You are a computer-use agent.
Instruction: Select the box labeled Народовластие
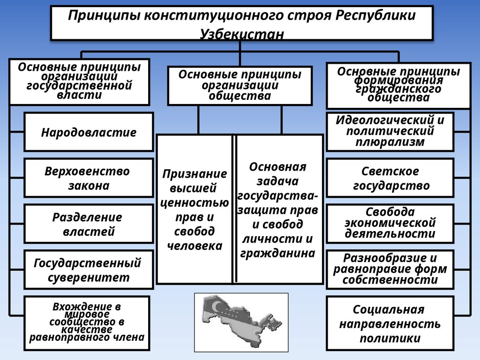click(x=89, y=132)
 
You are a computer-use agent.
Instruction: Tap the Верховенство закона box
click(x=89, y=178)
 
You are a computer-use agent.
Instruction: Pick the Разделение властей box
click(x=89, y=224)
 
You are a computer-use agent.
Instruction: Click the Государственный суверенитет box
click(x=89, y=270)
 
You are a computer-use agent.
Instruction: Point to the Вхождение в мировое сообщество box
click(x=87, y=323)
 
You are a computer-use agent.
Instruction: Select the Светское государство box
click(x=390, y=178)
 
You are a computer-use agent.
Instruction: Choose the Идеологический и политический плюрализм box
click(x=390, y=131)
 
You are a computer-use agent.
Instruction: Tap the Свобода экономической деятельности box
click(x=390, y=223)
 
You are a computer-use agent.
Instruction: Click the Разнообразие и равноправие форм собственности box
click(x=390, y=269)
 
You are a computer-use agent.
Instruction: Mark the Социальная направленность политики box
click(x=390, y=323)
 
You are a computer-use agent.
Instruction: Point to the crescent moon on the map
click(x=215, y=307)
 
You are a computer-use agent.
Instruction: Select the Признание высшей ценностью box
click(x=195, y=209)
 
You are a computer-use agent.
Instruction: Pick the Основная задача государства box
click(x=279, y=209)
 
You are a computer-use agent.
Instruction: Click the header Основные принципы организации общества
click(x=240, y=85)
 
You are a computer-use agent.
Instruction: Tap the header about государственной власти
click(x=79, y=82)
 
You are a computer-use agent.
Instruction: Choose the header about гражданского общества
click(x=398, y=85)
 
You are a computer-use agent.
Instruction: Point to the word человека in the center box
click(x=195, y=246)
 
